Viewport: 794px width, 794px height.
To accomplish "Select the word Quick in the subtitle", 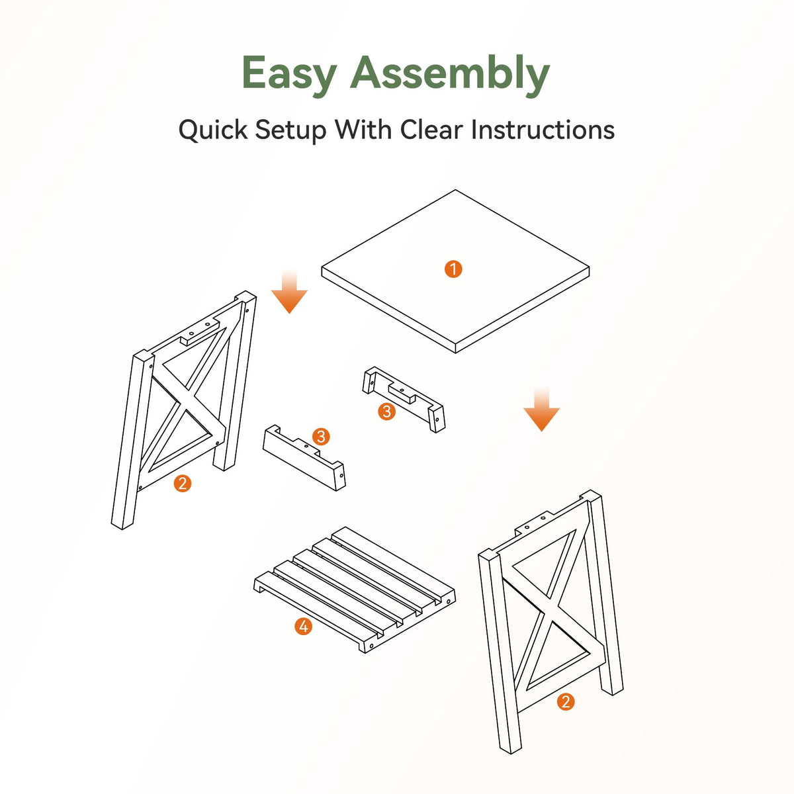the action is click(212, 130).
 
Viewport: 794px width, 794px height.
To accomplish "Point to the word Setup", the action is click(290, 131).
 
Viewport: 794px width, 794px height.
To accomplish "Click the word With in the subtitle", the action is click(363, 130).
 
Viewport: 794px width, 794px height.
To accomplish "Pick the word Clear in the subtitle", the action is click(431, 130).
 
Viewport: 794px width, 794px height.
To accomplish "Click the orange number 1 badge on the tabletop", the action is click(453, 269).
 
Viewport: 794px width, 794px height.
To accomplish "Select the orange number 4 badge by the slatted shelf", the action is click(303, 627).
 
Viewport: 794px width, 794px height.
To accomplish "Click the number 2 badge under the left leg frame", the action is click(183, 483).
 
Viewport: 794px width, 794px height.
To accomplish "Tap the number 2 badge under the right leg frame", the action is click(566, 701).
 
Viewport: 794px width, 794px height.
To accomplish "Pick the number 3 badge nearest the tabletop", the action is click(386, 411).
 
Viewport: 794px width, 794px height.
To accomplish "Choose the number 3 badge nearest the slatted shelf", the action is click(321, 437).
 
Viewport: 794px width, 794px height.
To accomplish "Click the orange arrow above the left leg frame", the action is click(289, 292).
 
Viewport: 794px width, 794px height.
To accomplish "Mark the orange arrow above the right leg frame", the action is click(541, 409).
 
